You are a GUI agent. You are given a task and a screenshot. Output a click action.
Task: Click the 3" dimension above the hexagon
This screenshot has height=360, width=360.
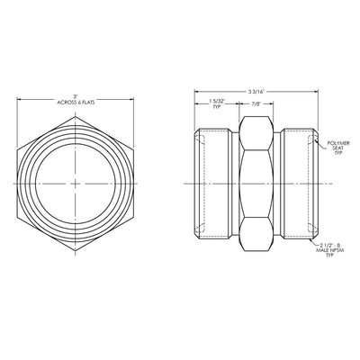coord(76,97)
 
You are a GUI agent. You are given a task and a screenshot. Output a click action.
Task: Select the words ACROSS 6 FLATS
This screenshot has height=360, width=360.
coord(76,103)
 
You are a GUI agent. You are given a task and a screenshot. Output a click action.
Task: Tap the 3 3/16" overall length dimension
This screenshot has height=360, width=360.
coord(256,92)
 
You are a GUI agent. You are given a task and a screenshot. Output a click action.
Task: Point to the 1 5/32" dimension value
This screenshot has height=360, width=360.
coord(217,103)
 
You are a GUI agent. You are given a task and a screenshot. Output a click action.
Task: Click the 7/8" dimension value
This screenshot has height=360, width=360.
coord(256,103)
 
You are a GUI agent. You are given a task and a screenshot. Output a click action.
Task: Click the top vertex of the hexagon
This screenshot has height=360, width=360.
coord(76,116)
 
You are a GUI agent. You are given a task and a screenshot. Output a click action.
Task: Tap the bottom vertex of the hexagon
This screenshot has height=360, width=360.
coord(76,250)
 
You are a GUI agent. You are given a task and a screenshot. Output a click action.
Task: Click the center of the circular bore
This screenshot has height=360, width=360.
coord(76,184)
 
